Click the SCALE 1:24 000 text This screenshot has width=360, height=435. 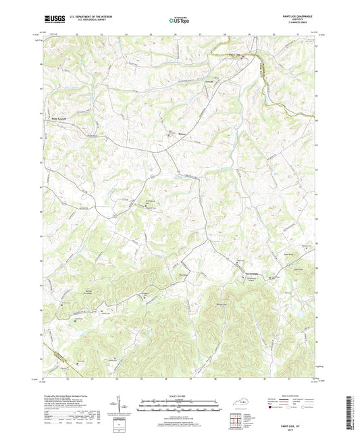(179, 396)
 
